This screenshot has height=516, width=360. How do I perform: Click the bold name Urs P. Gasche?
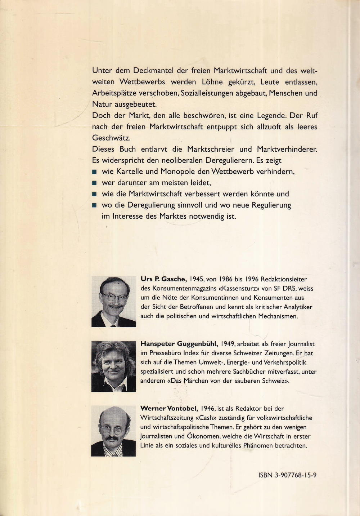pyautogui.click(x=163, y=279)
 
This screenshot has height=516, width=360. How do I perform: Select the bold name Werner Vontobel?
pyautogui.click(x=169, y=409)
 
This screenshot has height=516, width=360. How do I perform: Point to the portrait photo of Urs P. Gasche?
pyautogui.click(x=114, y=302)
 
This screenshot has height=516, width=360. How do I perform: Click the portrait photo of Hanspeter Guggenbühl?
pyautogui.click(x=114, y=366)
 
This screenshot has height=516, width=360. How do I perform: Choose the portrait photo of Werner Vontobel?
pyautogui.click(x=113, y=431)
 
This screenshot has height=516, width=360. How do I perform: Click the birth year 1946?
pyautogui.click(x=208, y=409)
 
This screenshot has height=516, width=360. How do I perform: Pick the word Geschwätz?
pyautogui.click(x=111, y=138)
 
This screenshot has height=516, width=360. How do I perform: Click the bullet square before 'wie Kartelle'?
pyautogui.click(x=95, y=172)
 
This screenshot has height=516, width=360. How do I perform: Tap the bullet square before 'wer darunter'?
pyautogui.click(x=95, y=183)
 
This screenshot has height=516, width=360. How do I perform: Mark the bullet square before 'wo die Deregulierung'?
pyautogui.click(x=95, y=205)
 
